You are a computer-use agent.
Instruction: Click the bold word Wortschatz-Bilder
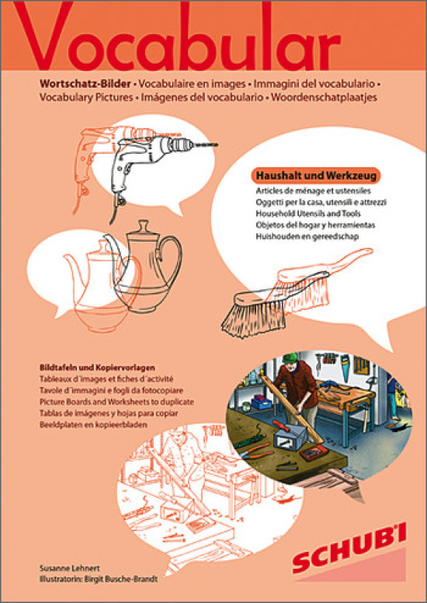85,83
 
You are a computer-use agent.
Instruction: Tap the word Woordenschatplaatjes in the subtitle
324,97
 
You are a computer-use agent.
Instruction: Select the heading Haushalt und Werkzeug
316,176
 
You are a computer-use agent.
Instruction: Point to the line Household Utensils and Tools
308,214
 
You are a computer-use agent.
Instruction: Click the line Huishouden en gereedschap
307,236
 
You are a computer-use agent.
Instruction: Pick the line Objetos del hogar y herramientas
315,225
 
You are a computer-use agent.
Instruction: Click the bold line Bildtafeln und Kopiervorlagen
97,368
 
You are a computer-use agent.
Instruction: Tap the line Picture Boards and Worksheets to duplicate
116,402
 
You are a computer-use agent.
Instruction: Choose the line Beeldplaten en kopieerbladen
93,425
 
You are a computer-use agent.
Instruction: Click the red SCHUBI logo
349,548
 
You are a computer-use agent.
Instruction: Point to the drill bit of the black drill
206,145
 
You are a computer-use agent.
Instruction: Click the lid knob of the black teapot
144,225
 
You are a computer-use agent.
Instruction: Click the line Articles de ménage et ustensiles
313,190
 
